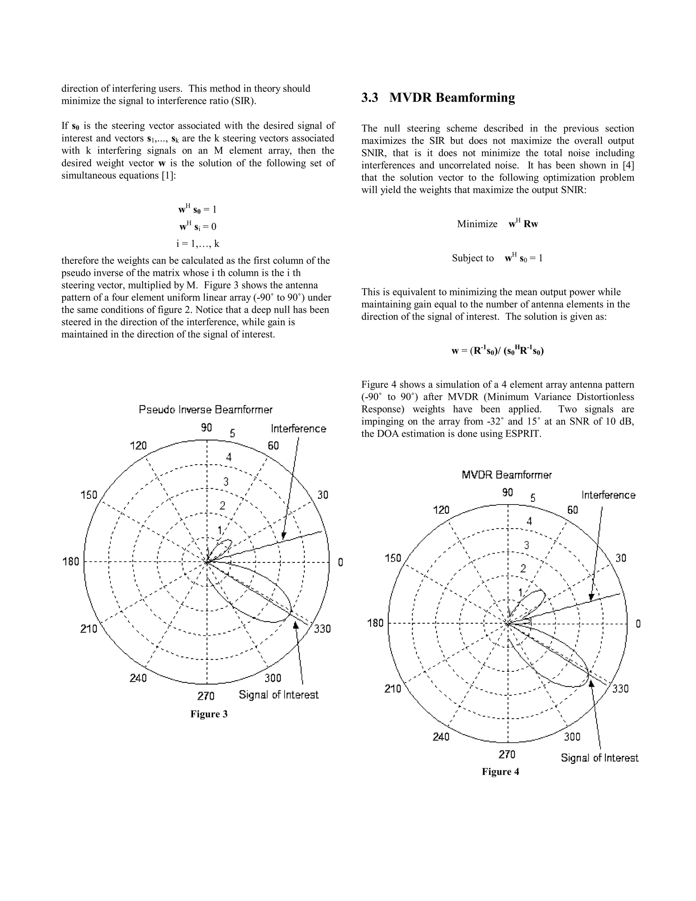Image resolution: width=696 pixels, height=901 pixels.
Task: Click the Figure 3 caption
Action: pos(209,714)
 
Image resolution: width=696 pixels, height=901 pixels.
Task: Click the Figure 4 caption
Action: pos(500,771)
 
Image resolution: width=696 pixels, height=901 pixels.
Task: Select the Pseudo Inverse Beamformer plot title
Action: pos(205,410)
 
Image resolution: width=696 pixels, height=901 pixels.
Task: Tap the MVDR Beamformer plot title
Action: pos(506,475)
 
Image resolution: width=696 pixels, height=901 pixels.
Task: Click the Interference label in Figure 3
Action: pos(298,429)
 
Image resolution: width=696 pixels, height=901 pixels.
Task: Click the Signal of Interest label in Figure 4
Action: pos(599,758)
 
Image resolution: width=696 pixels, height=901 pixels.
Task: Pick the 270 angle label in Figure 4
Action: pos(507,754)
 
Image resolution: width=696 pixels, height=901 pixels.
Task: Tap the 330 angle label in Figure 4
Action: pos(620,688)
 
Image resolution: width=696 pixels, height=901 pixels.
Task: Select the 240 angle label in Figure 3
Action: pos(138,678)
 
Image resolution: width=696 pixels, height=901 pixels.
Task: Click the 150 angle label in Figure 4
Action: pos(393,558)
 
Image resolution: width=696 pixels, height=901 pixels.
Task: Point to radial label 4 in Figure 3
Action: pos(229,457)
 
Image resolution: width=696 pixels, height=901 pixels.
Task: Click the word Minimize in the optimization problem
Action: pos(477,224)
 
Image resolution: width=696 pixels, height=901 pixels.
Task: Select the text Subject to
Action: pos(472,258)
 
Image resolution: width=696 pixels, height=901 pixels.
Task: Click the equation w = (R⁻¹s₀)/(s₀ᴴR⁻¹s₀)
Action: pos(497,351)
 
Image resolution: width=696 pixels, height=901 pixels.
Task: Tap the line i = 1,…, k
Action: pos(197,243)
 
